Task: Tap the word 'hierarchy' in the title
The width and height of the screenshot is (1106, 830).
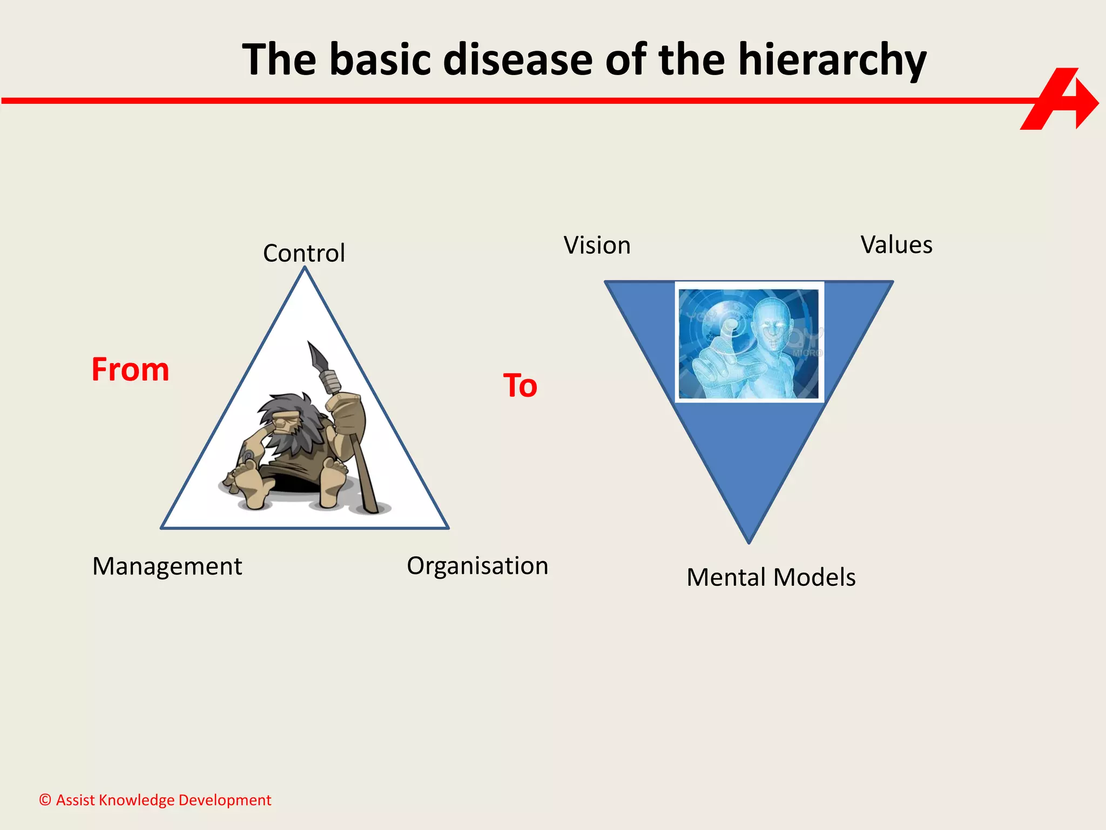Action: (832, 61)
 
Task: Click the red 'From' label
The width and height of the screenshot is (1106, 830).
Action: (130, 370)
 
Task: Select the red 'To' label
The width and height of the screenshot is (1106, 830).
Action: (520, 386)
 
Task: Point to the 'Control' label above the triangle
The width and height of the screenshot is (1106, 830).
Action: (304, 253)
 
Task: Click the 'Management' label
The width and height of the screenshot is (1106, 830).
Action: (167, 566)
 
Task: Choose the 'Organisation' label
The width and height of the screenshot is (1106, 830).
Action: (477, 566)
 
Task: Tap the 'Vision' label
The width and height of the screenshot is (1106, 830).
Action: (597, 245)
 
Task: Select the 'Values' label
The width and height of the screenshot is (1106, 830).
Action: (896, 245)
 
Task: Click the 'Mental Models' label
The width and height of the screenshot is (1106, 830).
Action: (771, 577)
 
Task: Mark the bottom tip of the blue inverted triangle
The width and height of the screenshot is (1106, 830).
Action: (748, 541)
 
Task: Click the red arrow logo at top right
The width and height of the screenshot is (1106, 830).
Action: (1058, 100)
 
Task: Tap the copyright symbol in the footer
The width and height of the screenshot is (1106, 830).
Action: (45, 800)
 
